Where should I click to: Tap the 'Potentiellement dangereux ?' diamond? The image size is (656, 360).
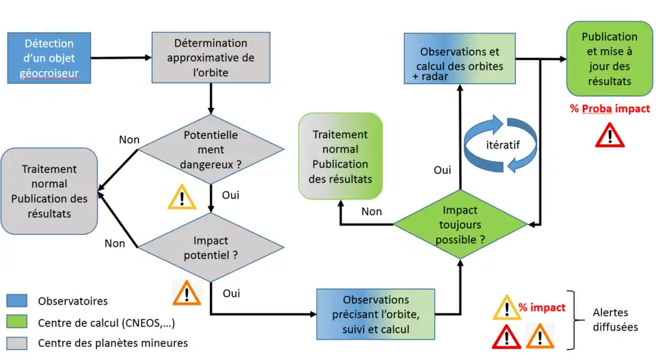click(211, 150)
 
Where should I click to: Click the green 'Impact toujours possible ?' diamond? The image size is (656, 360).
click(459, 225)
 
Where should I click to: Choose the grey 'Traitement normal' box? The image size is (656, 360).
click(49, 191)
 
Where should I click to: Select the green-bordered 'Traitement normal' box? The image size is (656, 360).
click(340, 156)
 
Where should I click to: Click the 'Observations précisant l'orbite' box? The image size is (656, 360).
click(376, 314)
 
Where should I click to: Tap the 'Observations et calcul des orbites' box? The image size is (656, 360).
click(459, 60)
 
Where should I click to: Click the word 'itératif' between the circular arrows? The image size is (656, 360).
click(502, 146)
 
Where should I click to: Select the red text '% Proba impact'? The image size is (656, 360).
click(610, 109)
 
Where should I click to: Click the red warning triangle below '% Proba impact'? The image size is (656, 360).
click(610, 135)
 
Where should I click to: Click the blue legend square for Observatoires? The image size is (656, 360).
click(16, 301)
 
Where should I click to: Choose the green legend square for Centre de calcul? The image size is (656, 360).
click(16, 322)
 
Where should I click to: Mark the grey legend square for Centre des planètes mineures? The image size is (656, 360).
click(16, 343)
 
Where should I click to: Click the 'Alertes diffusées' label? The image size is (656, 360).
click(615, 320)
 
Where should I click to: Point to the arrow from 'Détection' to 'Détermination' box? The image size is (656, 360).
click(120, 58)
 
